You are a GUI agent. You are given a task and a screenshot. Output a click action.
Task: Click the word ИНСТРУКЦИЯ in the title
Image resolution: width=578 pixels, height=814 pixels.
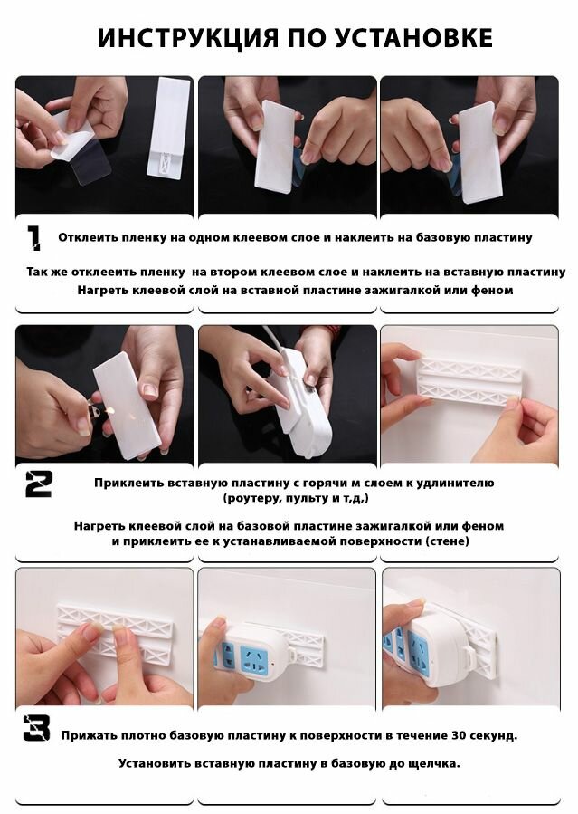point(187,38)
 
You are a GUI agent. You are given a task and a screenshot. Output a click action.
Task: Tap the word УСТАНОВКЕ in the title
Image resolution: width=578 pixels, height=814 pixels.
point(413,38)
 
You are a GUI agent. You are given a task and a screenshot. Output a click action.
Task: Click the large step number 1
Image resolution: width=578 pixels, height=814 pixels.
point(33,238)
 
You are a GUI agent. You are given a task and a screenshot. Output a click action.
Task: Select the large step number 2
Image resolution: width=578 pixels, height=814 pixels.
point(39,484)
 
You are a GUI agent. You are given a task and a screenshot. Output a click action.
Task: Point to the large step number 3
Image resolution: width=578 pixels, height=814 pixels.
point(37,728)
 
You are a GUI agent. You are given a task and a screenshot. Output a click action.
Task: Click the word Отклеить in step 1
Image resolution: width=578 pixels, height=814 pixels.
point(88,238)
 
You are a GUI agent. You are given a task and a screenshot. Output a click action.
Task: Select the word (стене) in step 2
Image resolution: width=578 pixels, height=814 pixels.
point(446,541)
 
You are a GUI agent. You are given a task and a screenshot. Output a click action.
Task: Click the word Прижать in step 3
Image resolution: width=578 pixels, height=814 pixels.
point(89,735)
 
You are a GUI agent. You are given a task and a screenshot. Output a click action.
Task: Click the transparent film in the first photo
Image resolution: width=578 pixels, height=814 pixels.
point(87,160)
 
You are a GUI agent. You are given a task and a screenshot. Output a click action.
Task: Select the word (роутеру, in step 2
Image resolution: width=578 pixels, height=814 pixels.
point(251,499)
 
